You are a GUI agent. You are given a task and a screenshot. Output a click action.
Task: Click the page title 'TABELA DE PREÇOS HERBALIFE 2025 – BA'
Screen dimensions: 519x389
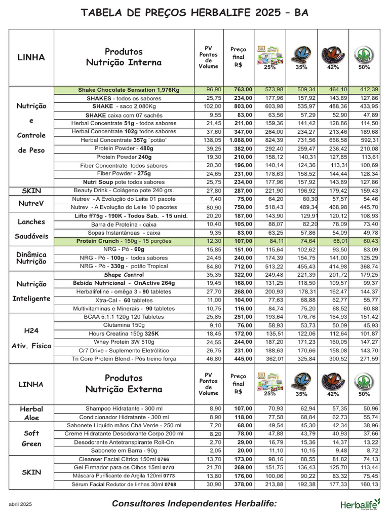coord(194,12)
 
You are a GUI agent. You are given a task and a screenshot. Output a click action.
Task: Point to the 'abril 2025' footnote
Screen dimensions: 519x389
coord(21,504)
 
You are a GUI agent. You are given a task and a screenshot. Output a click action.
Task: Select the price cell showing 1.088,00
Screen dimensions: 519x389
coord(238,140)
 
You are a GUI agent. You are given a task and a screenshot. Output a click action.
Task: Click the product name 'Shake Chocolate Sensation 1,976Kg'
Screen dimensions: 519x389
coord(129,90)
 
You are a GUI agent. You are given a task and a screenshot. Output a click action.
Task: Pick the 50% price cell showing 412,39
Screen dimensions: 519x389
coord(367,90)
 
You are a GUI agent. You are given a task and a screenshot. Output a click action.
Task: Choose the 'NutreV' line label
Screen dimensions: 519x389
coord(31,204)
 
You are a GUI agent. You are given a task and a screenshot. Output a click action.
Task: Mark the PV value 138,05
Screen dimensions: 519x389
coord(209,140)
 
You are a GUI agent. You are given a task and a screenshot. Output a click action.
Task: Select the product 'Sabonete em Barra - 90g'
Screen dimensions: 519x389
coord(124,450)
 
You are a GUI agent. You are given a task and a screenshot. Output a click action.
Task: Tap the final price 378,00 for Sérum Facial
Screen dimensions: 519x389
coord(239,484)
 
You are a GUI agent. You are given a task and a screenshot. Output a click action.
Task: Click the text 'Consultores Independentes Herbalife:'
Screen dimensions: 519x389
coord(194,503)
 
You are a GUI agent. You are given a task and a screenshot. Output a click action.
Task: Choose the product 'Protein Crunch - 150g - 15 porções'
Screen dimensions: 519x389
coord(124,241)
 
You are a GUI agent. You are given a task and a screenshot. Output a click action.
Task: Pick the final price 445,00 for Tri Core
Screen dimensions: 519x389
coord(239,359)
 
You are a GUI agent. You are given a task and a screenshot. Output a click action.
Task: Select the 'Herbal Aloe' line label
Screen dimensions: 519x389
coord(31,413)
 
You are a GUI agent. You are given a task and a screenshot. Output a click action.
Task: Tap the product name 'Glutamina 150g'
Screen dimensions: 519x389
coord(124,325)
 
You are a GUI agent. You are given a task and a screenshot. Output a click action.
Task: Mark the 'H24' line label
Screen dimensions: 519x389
coord(31,330)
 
